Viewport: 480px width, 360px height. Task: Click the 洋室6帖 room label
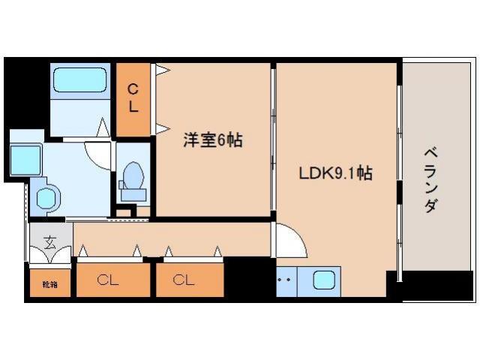pos(213,139)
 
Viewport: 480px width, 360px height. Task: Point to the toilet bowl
pos(133,180)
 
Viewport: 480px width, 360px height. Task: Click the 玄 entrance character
pos(49,241)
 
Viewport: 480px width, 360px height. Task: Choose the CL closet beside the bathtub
pos(133,99)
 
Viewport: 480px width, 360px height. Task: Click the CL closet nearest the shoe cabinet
pos(109,280)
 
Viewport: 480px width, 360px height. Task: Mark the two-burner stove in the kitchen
pos(286,282)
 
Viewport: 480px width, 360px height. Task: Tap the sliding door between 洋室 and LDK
pos(273,142)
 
